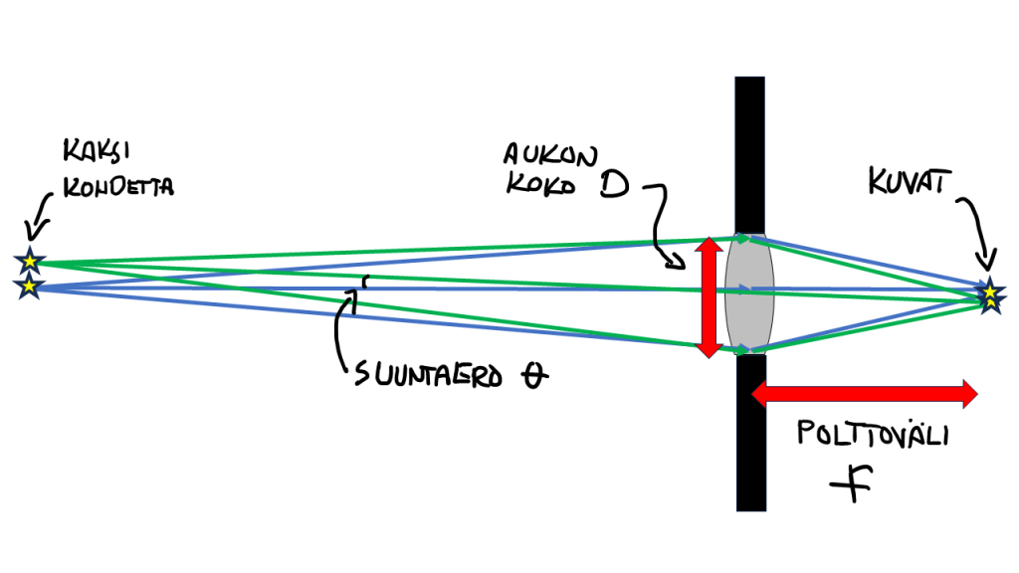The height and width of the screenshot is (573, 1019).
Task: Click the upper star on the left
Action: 30,262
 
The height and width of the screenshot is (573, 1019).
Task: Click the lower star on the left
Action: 30,287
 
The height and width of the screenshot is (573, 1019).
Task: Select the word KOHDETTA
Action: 118,185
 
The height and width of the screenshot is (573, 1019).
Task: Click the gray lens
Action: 747,293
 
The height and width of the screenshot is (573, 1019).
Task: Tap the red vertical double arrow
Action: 708,296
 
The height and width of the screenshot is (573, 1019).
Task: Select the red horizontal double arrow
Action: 864,393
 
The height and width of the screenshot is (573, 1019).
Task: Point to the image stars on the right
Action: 989,295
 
